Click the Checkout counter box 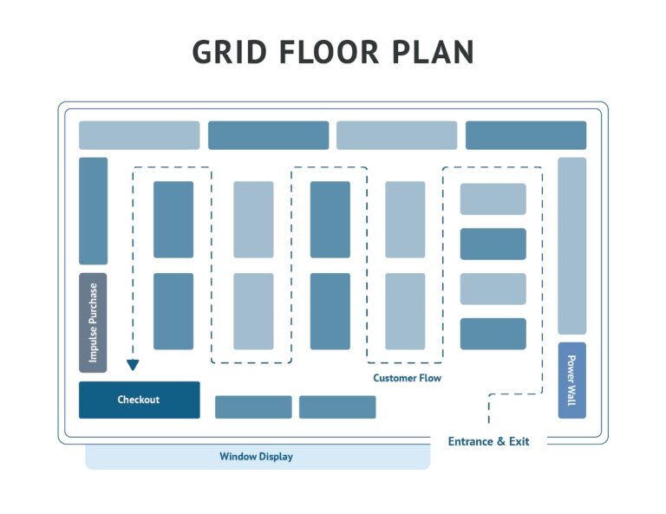pos(139,400)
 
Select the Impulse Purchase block pos(93,322)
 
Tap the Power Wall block pos(571,380)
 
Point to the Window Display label pos(256,457)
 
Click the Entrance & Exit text pos(488,441)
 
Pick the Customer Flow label pos(407,378)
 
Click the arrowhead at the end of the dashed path pos(133,365)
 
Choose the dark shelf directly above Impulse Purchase pos(93,211)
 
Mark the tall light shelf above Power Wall pos(571,245)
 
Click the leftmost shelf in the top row pos(139,135)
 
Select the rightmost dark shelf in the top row pos(526,135)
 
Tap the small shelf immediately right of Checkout pos(253,407)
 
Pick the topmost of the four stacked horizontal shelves pos(493,198)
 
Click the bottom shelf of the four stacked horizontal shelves pos(493,334)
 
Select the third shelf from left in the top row pos(396,135)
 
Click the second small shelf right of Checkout pos(337,407)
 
